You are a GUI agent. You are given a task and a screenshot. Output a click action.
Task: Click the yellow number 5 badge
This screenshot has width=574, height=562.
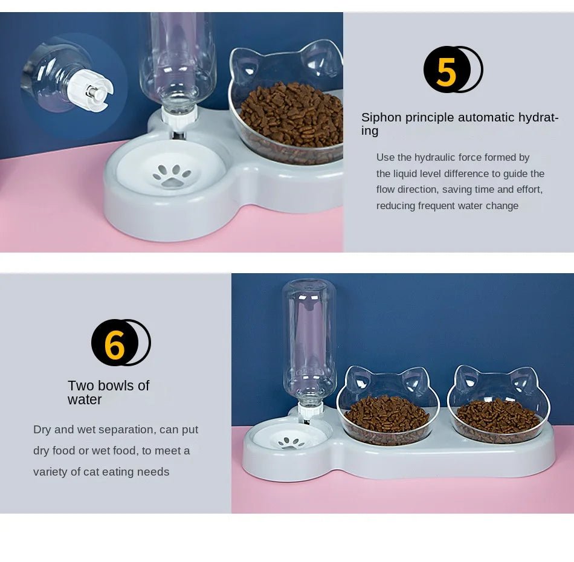point(447,70)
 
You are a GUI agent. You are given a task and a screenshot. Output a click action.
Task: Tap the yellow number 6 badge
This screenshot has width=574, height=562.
point(115,343)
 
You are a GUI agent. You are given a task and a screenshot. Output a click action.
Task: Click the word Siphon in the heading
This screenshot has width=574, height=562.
point(381,117)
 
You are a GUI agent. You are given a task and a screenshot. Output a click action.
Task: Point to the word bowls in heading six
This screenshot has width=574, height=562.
point(116,386)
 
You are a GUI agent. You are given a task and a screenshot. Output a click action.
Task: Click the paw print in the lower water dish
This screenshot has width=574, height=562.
point(292,442)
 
